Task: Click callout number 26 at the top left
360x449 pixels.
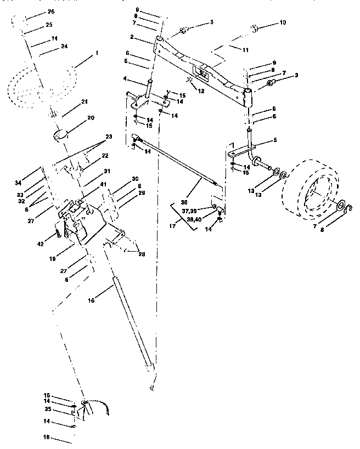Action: (51, 12)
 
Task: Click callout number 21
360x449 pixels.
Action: (84, 103)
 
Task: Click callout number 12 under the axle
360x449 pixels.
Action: (201, 90)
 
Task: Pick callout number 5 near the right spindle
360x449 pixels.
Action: (275, 140)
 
